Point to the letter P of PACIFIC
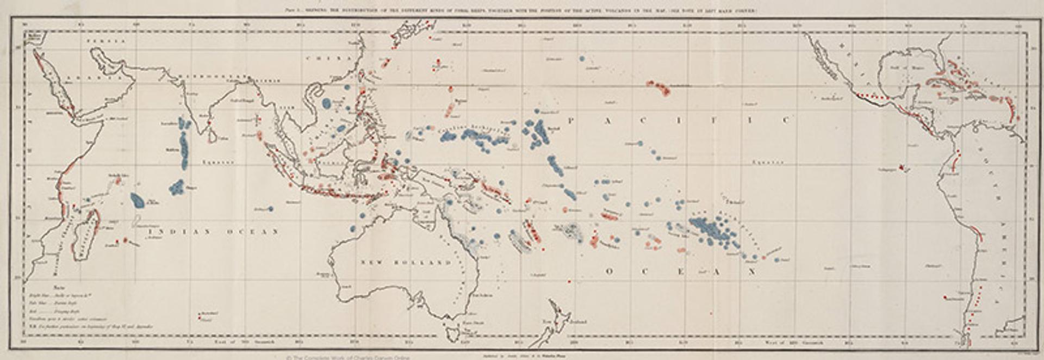coord(571,121)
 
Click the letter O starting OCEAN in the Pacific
coord(608,271)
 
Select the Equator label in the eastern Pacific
coord(768,162)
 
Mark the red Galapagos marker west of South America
coord(903,169)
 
